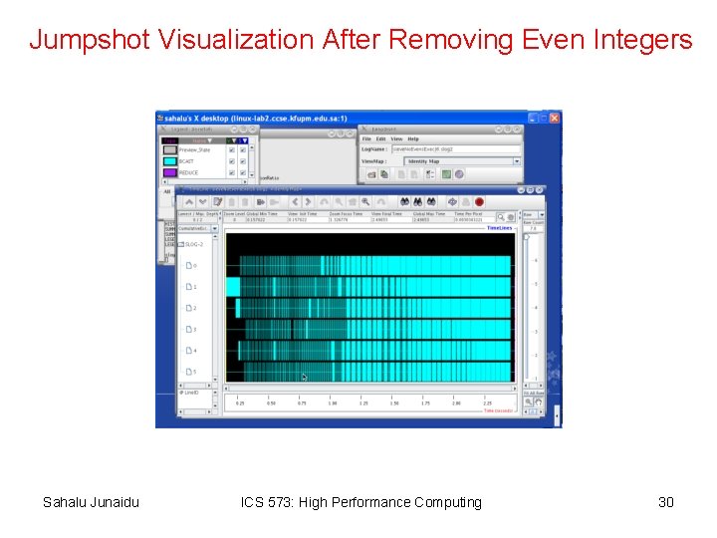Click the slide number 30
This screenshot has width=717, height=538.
(666, 502)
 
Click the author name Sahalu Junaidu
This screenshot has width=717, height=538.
(91, 502)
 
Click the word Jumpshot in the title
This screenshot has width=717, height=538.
(88, 40)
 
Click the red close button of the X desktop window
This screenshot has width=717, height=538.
(555, 118)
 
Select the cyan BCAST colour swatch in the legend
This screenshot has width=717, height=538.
(169, 160)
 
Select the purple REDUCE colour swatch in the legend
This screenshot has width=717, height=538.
(169, 172)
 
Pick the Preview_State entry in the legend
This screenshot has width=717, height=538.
(195, 149)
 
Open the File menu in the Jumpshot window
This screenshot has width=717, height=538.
(366, 138)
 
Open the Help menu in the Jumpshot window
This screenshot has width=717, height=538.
(413, 138)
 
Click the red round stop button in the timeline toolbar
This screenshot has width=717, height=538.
(479, 201)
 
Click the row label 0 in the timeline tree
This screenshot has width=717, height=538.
(193, 266)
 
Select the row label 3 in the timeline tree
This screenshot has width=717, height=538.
(193, 330)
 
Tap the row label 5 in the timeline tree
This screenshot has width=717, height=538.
(193, 373)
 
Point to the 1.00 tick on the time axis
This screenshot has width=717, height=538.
(333, 403)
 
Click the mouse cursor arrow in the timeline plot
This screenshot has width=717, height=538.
(305, 377)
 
